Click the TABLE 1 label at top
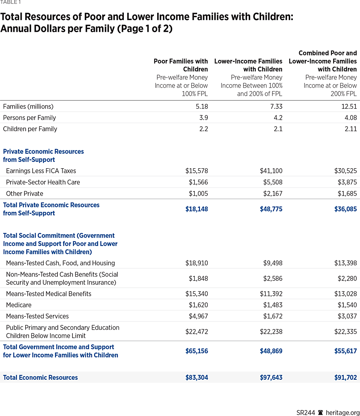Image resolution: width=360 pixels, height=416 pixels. pyautogui.click(x=11, y=2)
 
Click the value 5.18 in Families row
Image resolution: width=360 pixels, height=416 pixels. pyautogui.click(x=200, y=106)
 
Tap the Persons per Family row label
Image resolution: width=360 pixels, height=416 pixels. pyautogui.click(x=29, y=118)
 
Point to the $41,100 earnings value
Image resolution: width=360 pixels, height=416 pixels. pyautogui.click(x=271, y=171)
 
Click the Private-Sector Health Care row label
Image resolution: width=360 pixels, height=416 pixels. pyautogui.click(x=43, y=182)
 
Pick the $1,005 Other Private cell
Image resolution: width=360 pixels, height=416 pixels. pyautogui.click(x=198, y=194)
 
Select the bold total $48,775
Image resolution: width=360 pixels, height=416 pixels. pyautogui.click(x=271, y=209)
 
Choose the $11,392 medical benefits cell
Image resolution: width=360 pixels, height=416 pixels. pyautogui.click(x=271, y=294)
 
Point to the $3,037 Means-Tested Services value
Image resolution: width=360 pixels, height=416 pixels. pyautogui.click(x=347, y=316)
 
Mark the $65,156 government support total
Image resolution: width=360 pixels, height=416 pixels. pyautogui.click(x=196, y=351)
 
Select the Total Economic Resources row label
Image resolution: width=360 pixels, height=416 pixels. pyautogui.click(x=40, y=378)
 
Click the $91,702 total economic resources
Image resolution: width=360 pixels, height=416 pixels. pyautogui.click(x=345, y=378)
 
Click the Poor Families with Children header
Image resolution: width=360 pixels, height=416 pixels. pyautogui.click(x=181, y=65)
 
